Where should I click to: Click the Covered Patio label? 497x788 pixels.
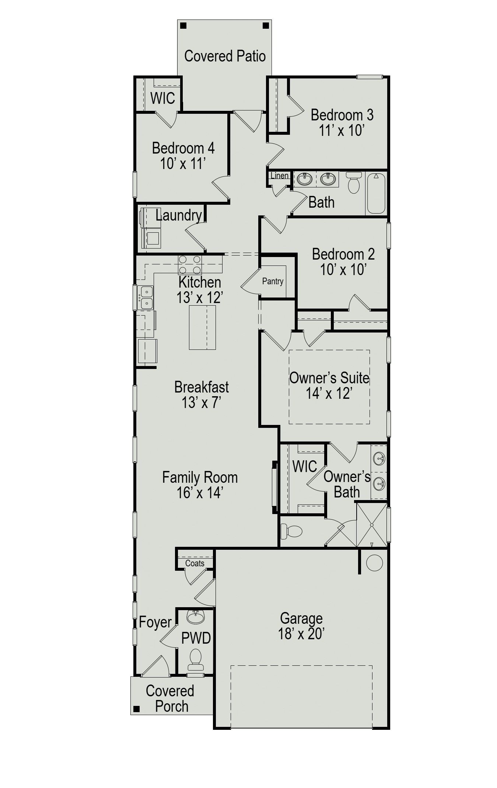(x=225, y=56)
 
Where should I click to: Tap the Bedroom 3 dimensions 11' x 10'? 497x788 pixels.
(x=342, y=131)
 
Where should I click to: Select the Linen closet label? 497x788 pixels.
(x=279, y=176)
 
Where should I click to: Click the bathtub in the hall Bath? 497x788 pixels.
(x=376, y=193)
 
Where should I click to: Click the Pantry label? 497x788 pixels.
(x=273, y=281)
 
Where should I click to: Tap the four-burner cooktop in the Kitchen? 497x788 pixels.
(x=190, y=264)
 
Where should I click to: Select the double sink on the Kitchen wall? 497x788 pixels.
(x=146, y=298)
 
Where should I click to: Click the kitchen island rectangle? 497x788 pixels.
(x=202, y=327)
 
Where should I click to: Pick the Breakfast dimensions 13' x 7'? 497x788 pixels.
(x=201, y=402)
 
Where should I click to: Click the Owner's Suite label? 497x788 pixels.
(x=329, y=378)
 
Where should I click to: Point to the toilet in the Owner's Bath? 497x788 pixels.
(x=291, y=531)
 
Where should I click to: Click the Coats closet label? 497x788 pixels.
(x=195, y=563)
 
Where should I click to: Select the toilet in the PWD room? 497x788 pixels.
(x=195, y=659)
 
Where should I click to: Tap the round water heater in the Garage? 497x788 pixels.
(x=374, y=563)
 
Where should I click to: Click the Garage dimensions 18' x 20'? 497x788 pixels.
(x=301, y=634)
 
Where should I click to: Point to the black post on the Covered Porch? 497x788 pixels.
(x=137, y=709)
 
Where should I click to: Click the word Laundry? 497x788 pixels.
(x=179, y=215)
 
